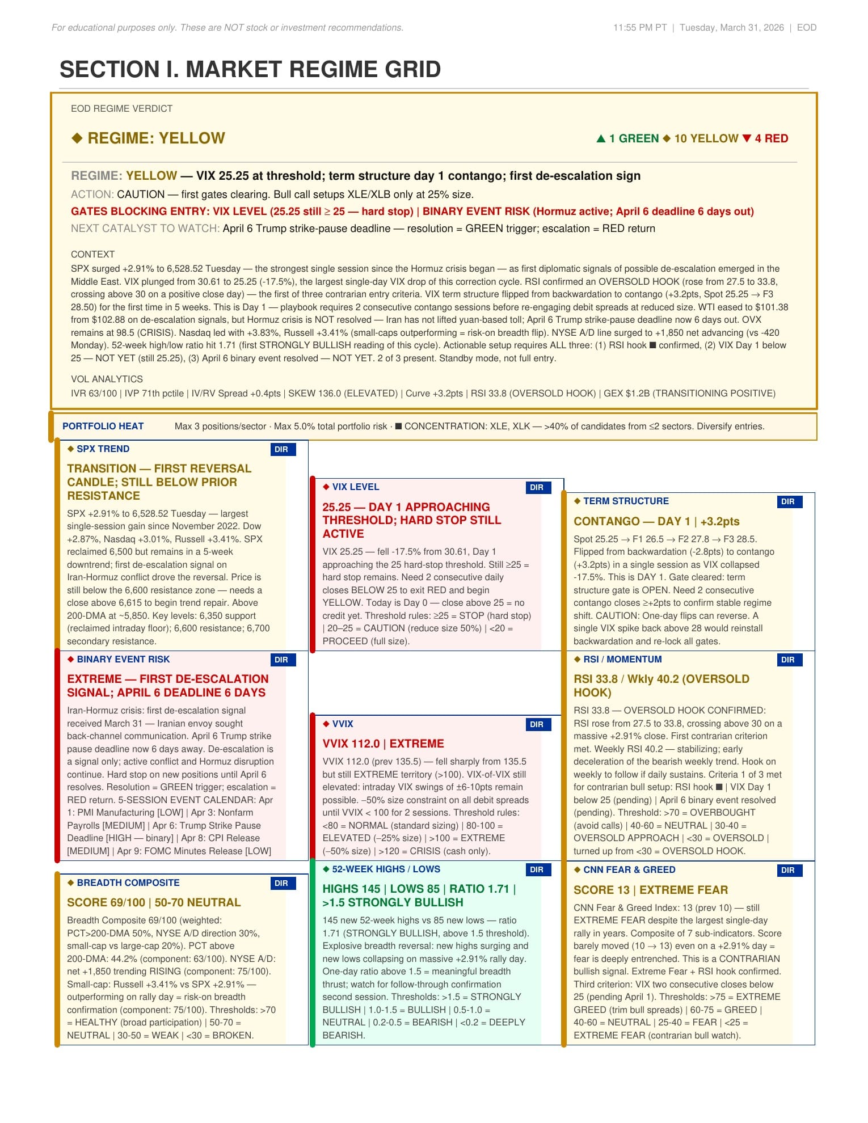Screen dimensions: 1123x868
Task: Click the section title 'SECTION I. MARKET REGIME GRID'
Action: (250, 69)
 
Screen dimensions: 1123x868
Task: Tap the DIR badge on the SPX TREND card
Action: (282, 449)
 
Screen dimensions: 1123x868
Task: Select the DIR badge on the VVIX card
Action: (537, 724)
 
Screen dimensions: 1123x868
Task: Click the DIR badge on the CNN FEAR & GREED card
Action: (788, 870)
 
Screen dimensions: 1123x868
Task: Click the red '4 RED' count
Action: (765, 138)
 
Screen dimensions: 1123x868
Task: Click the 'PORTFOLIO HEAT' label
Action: (103, 426)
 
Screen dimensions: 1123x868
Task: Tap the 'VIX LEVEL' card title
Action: (355, 487)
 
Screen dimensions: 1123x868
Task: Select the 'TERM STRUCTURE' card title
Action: (626, 501)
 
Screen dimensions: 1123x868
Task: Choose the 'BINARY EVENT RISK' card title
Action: (123, 659)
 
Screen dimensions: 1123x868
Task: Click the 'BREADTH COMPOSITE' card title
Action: (128, 883)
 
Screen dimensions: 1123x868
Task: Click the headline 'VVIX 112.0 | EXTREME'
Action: (383, 744)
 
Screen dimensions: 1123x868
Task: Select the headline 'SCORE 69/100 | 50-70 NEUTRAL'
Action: (154, 902)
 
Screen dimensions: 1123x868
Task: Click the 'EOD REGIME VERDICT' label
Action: (121, 108)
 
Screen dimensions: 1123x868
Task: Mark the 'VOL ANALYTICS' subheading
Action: (107, 379)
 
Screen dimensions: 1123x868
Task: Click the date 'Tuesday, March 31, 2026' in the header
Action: (731, 27)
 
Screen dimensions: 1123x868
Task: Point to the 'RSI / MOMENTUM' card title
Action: (622, 659)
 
